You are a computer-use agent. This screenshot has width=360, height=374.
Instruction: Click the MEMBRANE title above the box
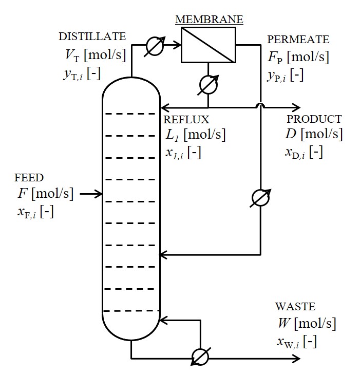(x=209, y=20)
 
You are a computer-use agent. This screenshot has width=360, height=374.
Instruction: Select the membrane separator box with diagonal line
(x=208, y=45)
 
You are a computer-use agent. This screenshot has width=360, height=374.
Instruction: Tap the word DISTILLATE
(x=92, y=36)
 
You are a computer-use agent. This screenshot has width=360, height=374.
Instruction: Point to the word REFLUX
(x=186, y=120)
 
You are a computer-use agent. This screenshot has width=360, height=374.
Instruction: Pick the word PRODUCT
(x=314, y=119)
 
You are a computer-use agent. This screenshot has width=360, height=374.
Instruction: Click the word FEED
(x=29, y=178)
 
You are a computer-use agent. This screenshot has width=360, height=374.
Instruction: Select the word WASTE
(x=295, y=307)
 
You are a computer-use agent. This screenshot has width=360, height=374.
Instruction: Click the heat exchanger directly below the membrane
(x=208, y=85)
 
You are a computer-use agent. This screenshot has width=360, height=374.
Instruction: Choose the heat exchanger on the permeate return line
(x=261, y=198)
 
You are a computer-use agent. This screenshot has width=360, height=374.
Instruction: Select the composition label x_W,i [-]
(x=296, y=342)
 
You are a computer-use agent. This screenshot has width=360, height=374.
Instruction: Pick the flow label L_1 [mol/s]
(x=195, y=135)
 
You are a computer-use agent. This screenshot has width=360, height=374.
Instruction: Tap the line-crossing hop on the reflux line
(x=261, y=106)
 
